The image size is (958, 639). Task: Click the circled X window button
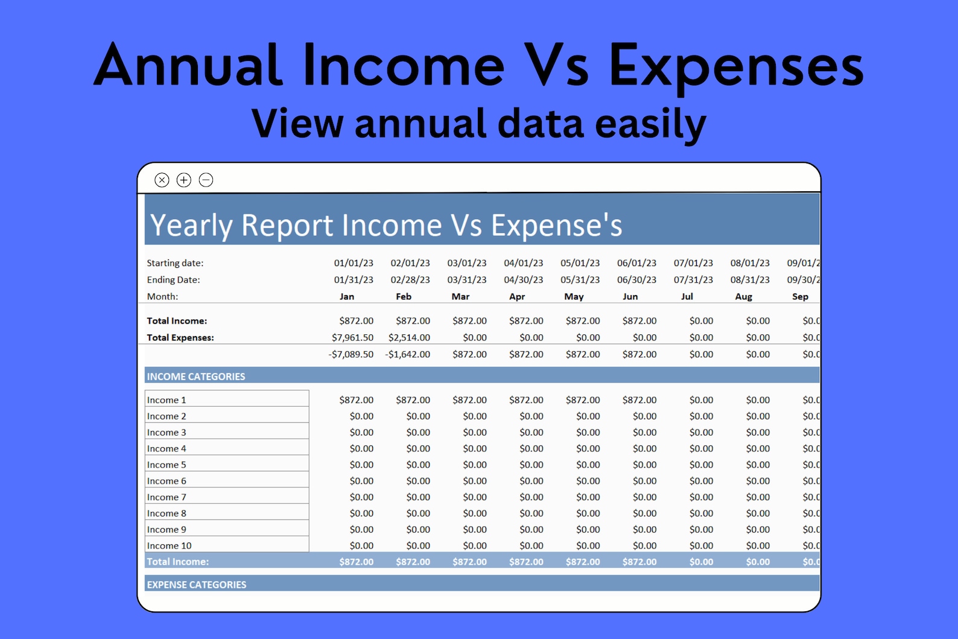pyautogui.click(x=162, y=180)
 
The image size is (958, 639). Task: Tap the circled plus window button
pyautogui.click(x=184, y=180)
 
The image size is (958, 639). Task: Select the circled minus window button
pyautogui.click(x=206, y=180)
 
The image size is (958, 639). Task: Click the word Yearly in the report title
pyautogui.click(x=191, y=226)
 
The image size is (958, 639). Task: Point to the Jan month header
pyautogui.click(x=347, y=296)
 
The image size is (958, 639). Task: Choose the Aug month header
pyautogui.click(x=743, y=296)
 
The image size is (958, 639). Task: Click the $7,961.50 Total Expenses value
pyautogui.click(x=352, y=337)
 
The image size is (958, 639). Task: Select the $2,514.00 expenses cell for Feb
pyautogui.click(x=409, y=337)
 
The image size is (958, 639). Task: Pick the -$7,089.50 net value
pyautogui.click(x=351, y=354)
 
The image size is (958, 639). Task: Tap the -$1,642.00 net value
pyautogui.click(x=408, y=354)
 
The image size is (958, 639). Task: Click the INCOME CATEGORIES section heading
pyautogui.click(x=196, y=377)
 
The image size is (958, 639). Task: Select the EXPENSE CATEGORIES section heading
pyautogui.click(x=197, y=585)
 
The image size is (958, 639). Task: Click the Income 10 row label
pyautogui.click(x=170, y=545)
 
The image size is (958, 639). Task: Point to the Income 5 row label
pyautogui.click(x=167, y=465)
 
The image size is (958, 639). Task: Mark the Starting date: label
pyautogui.click(x=175, y=263)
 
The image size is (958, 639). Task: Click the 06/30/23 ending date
pyautogui.click(x=636, y=280)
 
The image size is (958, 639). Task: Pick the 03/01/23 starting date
pyautogui.click(x=466, y=263)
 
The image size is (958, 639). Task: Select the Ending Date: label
pyautogui.click(x=173, y=280)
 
